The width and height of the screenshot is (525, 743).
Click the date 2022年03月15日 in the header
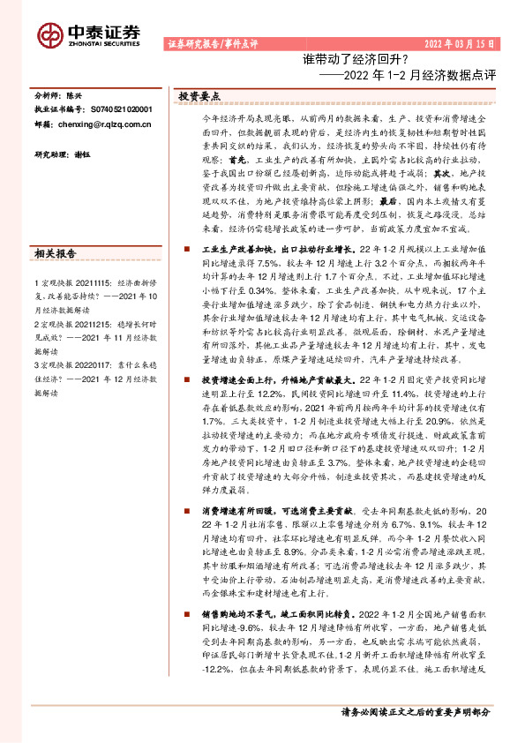pos(458,44)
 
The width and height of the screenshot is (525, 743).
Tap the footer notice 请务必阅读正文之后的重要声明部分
pos(415,710)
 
